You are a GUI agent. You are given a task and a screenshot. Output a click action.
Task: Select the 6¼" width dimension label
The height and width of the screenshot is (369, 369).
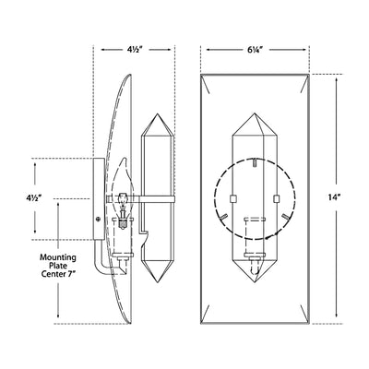(x=255, y=50)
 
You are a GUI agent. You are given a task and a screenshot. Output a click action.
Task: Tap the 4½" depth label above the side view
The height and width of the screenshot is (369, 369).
(x=136, y=50)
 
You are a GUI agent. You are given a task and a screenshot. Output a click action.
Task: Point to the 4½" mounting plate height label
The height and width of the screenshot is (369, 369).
(x=33, y=197)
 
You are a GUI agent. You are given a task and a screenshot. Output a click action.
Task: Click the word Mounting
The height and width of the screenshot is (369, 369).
(x=58, y=257)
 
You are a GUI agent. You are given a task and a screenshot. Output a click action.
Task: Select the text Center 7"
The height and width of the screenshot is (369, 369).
(x=58, y=274)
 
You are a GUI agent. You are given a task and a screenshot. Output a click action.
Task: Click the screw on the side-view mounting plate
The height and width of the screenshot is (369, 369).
(x=99, y=219)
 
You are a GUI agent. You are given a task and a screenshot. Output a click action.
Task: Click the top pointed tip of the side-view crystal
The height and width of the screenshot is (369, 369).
(x=158, y=113)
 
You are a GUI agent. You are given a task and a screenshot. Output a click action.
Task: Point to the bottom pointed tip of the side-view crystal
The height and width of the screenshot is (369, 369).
(x=158, y=282)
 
